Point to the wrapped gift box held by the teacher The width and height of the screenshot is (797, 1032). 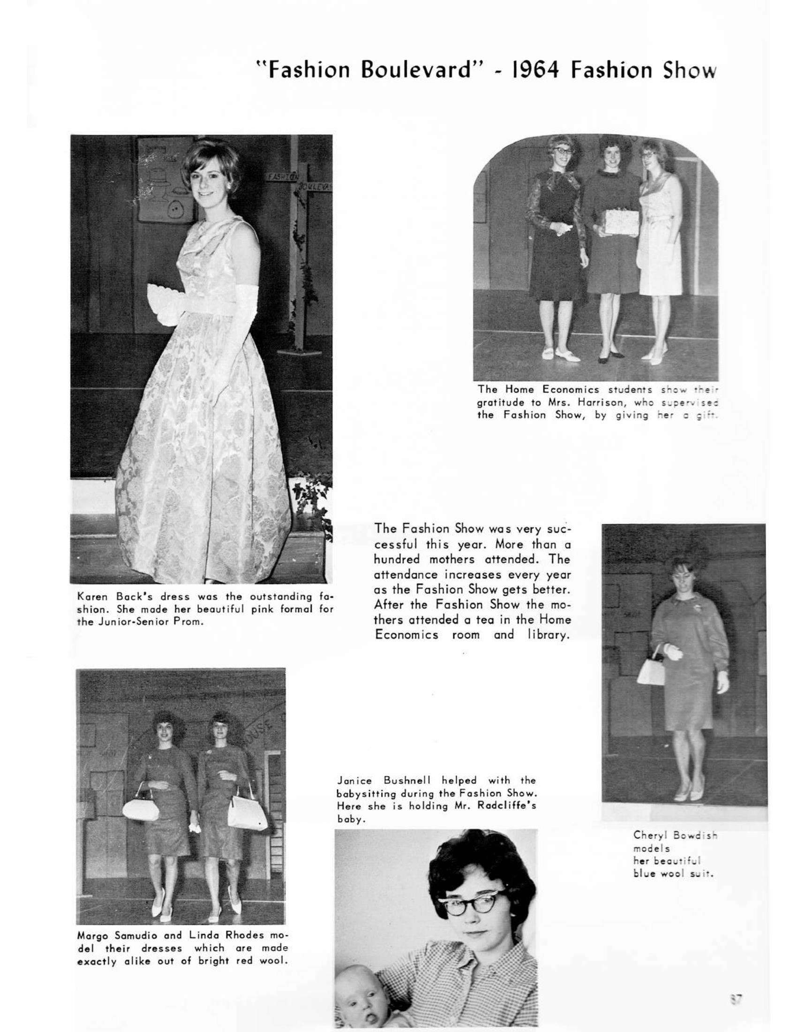(x=621, y=222)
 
